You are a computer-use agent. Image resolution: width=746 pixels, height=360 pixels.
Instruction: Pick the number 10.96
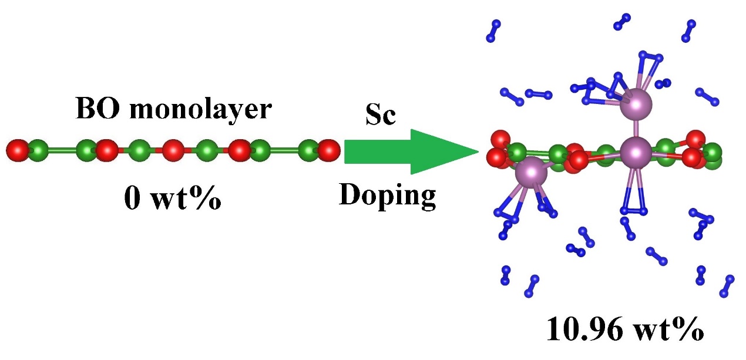[590, 331]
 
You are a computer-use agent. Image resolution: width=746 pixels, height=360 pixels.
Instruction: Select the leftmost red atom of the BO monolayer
[18, 150]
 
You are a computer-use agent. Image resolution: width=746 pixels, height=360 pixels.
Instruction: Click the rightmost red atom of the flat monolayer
[328, 150]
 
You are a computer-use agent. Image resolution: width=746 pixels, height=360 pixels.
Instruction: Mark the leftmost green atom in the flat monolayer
[38, 150]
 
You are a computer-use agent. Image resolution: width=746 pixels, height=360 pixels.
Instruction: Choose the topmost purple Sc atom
[637, 102]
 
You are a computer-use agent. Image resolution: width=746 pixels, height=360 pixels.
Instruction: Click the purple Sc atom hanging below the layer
[531, 172]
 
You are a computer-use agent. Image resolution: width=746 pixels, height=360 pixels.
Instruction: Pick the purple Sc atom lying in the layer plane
[636, 152]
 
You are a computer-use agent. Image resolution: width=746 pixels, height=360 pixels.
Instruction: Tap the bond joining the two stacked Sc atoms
[636, 126]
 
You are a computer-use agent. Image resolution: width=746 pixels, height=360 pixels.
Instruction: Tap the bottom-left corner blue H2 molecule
[506, 275]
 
